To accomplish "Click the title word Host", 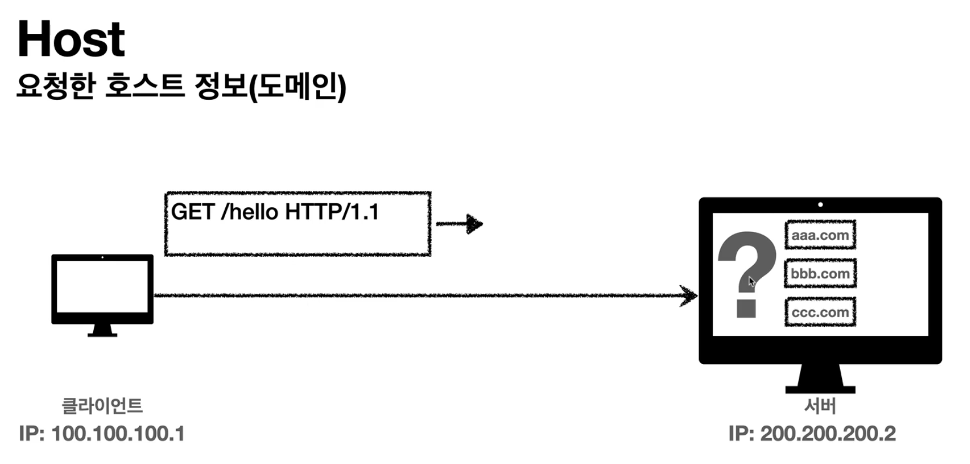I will [71, 40].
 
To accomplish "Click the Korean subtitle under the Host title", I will [181, 86].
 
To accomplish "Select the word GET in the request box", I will [193, 212].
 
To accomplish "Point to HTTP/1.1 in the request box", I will [332, 212].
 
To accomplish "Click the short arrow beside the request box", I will [460, 224].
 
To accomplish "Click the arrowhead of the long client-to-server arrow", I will [689, 295].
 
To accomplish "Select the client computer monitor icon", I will [102, 288].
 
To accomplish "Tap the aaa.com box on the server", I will [820, 235].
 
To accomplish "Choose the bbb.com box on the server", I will [820, 274].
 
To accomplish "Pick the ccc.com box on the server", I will [820, 312].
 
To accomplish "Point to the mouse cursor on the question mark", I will [752, 282].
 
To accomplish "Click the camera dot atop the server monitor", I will [820, 204].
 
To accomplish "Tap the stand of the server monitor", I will [820, 379].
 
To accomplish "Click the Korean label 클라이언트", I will [102, 405].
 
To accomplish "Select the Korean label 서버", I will [820, 405].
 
